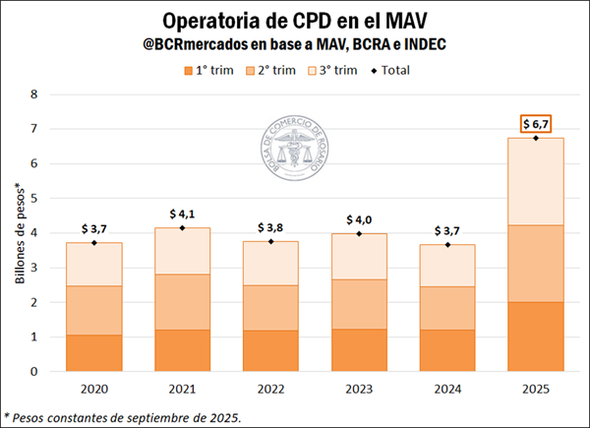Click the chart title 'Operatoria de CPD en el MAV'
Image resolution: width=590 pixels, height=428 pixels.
tap(295, 21)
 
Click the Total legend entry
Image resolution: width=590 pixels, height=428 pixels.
tap(392, 70)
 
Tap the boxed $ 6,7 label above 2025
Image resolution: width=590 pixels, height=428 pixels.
tap(535, 123)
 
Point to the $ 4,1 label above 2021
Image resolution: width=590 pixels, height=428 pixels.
tap(183, 214)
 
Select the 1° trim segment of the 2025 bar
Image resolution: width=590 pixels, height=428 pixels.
tap(535, 336)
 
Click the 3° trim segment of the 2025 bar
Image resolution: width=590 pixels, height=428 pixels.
tap(535, 181)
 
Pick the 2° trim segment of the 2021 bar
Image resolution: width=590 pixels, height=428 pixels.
tap(183, 302)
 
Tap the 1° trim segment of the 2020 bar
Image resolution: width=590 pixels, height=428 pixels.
tap(94, 353)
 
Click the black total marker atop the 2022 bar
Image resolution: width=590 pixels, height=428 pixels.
tap(270, 241)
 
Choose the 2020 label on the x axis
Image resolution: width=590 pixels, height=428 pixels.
tap(94, 389)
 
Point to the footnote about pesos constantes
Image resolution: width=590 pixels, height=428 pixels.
tap(123, 416)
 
